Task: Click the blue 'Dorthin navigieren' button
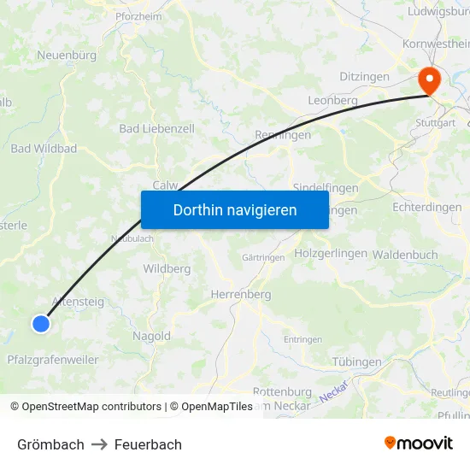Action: tap(235, 209)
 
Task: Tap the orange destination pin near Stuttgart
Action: tap(427, 81)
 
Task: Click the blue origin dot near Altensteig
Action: tap(41, 323)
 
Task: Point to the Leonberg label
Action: tap(332, 100)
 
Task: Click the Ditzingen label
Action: tap(364, 77)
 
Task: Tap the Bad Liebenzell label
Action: tap(156, 129)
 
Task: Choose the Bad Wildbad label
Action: tap(44, 149)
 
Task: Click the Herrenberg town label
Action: tap(240, 295)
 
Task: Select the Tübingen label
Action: tap(356, 362)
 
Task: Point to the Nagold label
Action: tap(151, 337)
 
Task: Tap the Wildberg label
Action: tap(167, 268)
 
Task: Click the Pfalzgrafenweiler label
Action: tap(52, 360)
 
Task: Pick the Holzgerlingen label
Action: tap(330, 254)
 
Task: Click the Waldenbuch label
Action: tap(405, 255)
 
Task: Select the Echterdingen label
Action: tap(427, 208)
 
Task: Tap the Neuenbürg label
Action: tap(66, 55)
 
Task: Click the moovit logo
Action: tap(418, 444)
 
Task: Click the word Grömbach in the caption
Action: tap(50, 444)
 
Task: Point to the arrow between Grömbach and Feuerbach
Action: tap(99, 444)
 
